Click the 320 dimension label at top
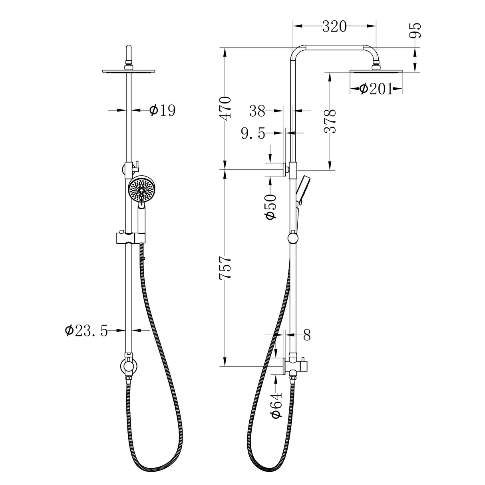point(334,26)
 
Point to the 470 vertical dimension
point(226,107)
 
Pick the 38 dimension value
point(257,111)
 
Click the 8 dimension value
point(307,335)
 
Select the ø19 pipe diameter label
point(162,110)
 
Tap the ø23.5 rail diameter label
point(86,331)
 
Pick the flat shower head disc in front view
point(128,71)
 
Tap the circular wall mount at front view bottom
point(128,367)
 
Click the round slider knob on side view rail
point(293,239)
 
